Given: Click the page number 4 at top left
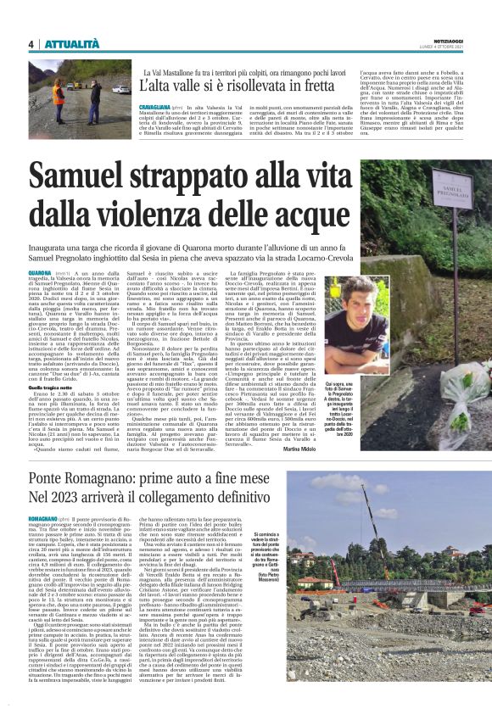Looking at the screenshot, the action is (31, 44).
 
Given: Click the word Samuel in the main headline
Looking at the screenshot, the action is (92, 174).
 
